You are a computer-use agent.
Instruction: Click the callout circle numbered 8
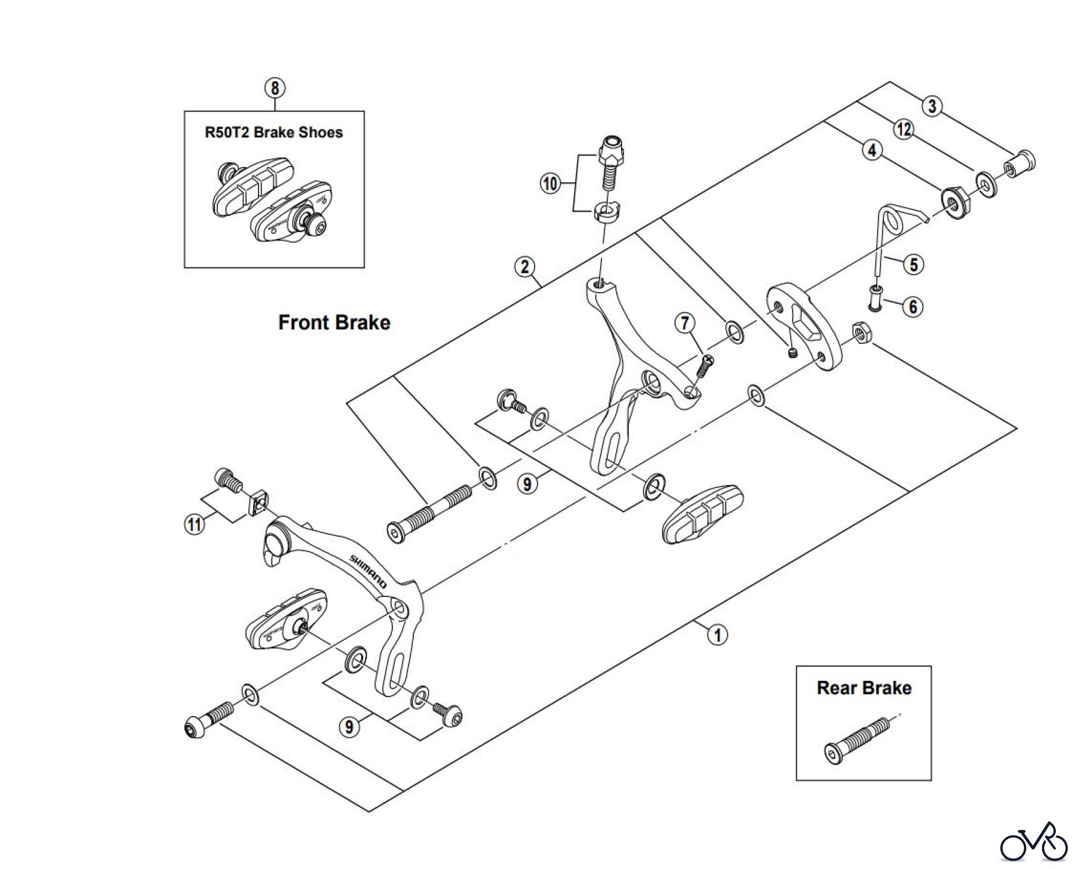click(275, 88)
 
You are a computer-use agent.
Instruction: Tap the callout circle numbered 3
click(932, 106)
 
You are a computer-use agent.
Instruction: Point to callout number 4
click(872, 150)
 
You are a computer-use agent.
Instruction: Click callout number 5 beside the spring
click(914, 264)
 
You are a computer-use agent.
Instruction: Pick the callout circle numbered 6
click(913, 307)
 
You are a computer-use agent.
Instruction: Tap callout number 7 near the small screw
click(685, 323)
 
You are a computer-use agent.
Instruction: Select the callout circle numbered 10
click(550, 183)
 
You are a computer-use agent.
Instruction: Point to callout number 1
click(717, 634)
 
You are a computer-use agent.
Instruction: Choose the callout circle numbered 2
click(524, 267)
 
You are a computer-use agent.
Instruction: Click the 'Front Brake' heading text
click(334, 323)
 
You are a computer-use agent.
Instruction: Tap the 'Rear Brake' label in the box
click(864, 688)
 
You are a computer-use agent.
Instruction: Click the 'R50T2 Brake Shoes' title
click(274, 132)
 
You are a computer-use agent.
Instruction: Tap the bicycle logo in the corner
click(1034, 842)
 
